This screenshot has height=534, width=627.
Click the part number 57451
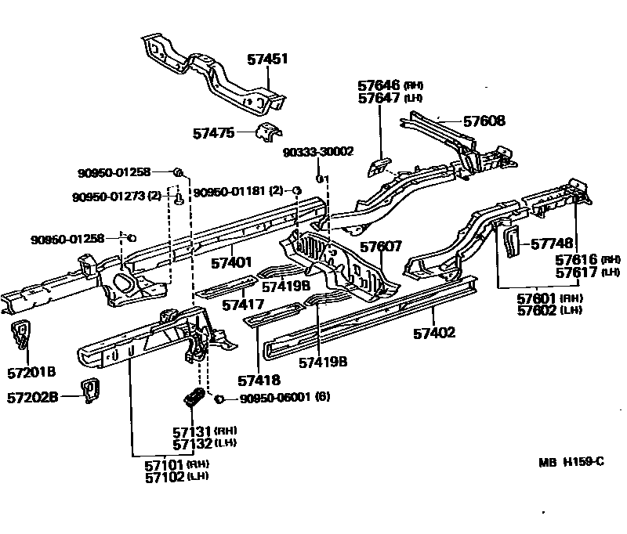tap(267, 58)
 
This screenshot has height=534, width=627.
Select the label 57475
tap(213, 134)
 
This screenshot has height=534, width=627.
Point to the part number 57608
tap(484, 121)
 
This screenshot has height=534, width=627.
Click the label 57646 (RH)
tap(390, 85)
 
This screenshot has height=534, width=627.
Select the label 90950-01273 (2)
tap(116, 196)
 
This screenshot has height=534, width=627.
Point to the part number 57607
tap(381, 247)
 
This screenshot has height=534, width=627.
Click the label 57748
tap(552, 244)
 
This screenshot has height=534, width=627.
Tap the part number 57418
tap(258, 381)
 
